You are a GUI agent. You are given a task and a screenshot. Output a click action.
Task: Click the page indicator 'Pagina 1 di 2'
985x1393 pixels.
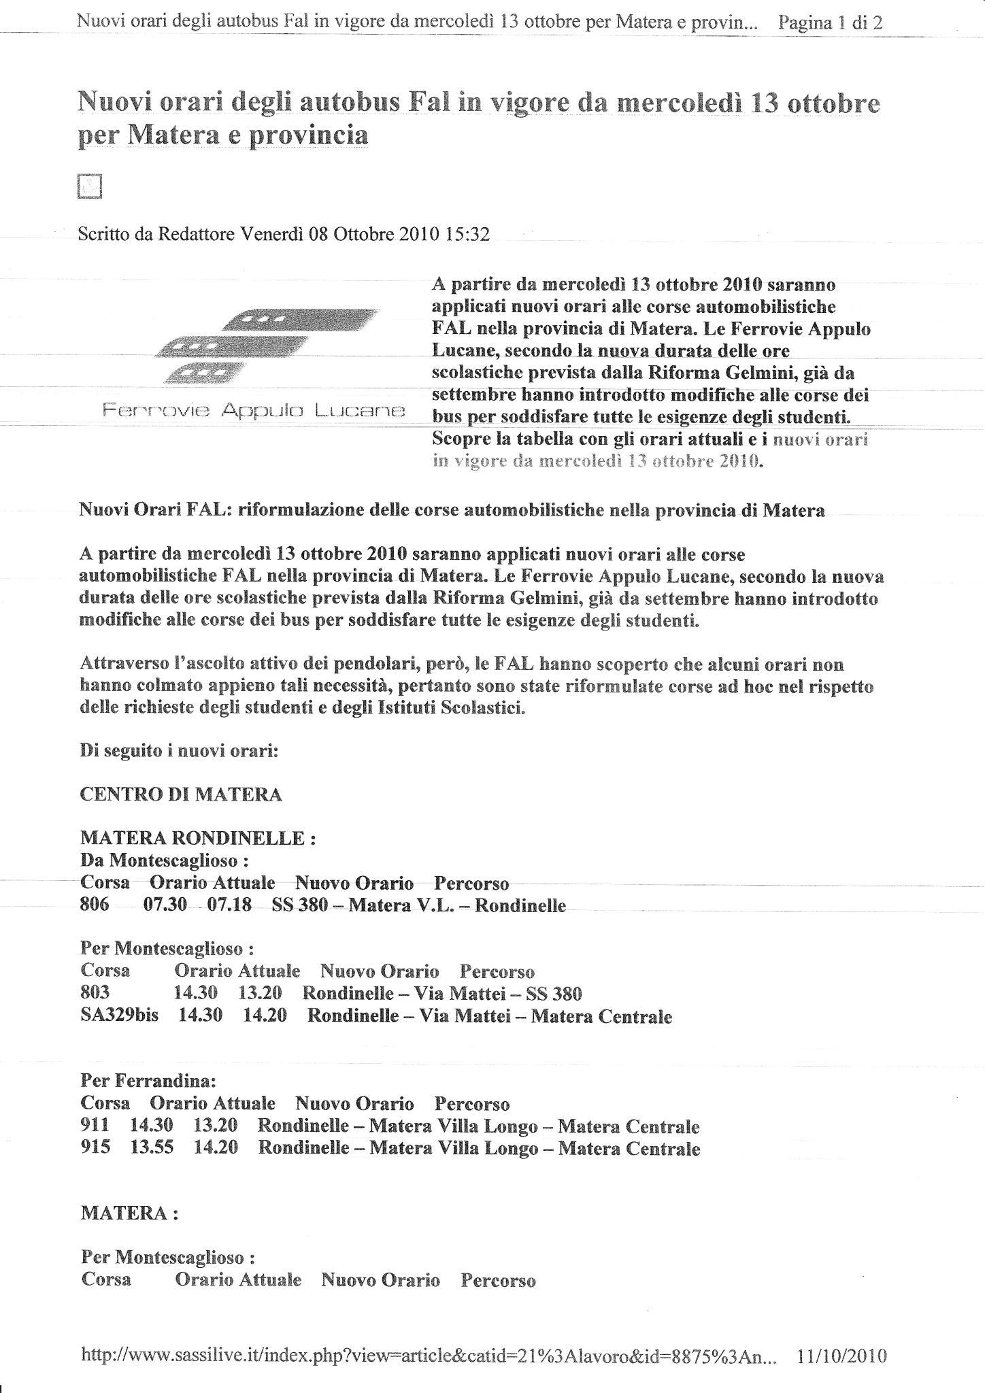pos(831,22)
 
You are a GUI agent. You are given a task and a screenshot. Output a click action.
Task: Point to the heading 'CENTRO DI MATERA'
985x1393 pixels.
pos(180,794)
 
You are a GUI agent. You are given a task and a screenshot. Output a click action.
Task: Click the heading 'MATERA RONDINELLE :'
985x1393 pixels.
pos(197,838)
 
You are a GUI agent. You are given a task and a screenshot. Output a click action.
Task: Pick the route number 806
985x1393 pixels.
pos(95,905)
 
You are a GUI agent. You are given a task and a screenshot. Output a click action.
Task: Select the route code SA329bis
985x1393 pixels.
pos(119,1016)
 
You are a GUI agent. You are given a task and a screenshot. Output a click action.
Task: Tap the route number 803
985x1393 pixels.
pos(95,994)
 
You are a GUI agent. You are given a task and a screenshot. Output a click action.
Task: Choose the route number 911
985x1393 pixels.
pos(94,1126)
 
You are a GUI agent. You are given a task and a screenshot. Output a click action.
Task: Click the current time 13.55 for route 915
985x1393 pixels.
pos(152,1148)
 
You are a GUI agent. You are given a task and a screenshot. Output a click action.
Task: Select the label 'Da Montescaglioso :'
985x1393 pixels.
pos(159,860)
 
